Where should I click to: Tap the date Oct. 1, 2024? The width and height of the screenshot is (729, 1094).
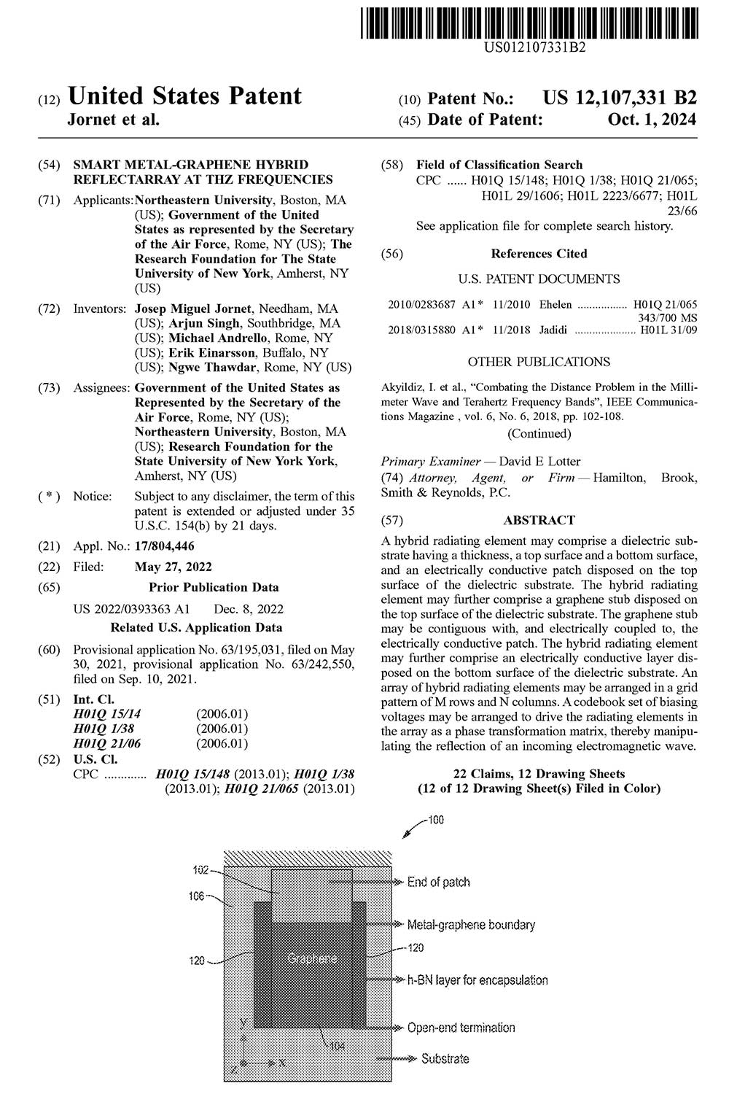click(x=652, y=120)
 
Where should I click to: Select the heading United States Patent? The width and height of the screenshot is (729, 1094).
click(x=184, y=96)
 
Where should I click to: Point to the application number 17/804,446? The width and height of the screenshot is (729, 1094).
click(x=165, y=546)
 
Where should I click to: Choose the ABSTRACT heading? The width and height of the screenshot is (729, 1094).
click(x=539, y=520)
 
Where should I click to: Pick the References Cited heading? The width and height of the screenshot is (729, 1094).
click(x=539, y=254)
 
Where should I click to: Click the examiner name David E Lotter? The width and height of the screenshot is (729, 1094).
click(x=539, y=461)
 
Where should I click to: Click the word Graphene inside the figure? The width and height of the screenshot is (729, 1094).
click(x=312, y=958)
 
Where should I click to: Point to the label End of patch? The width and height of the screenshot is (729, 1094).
click(x=438, y=882)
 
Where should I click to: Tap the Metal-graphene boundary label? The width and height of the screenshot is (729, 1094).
click(x=471, y=925)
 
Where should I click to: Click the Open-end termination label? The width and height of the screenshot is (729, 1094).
click(x=461, y=1028)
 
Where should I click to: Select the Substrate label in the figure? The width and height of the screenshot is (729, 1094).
click(x=445, y=1058)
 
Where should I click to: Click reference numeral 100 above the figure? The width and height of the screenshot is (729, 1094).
click(x=435, y=820)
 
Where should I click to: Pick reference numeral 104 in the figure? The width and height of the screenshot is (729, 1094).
click(x=338, y=1047)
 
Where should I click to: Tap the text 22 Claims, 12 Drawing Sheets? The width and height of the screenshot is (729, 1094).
click(x=539, y=774)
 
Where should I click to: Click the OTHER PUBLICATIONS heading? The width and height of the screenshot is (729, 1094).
click(x=539, y=362)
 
